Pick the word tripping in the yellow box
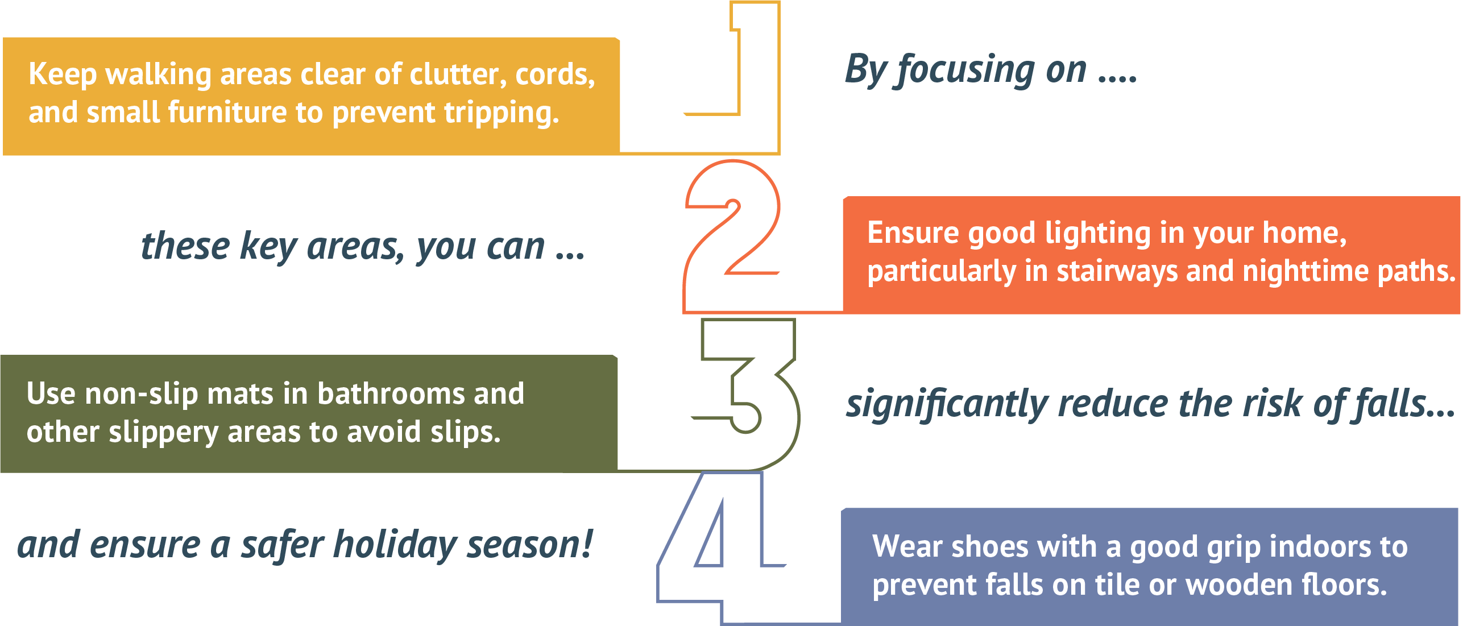coord(502,112)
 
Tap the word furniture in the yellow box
coord(227,111)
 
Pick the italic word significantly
coord(947,404)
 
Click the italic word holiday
coord(395,545)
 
